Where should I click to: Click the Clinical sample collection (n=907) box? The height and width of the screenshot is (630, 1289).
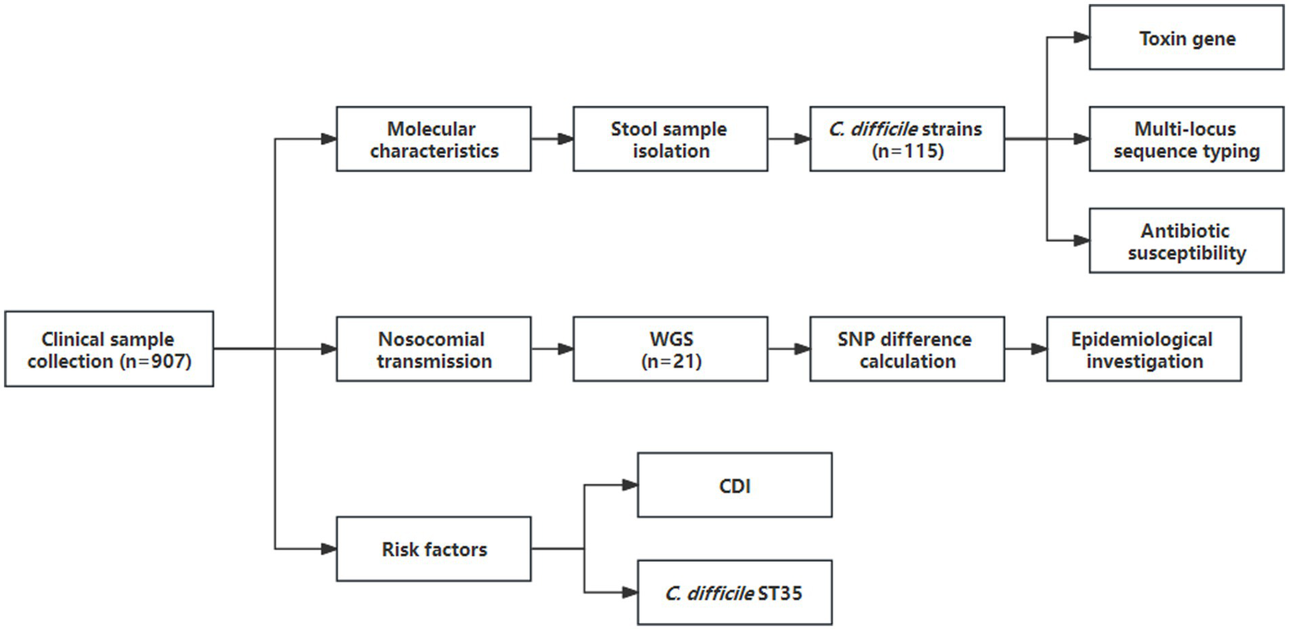tap(109, 349)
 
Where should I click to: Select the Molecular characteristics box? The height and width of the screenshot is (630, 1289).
tap(433, 139)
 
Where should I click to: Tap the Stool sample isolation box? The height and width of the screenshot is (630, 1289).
tap(669, 139)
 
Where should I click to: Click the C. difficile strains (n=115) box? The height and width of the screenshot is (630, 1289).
tap(907, 139)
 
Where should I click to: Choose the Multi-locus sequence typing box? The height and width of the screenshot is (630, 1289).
tap(1187, 139)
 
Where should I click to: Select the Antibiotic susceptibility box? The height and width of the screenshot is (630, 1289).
tap(1187, 241)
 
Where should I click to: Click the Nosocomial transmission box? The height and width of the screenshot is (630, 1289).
tap(433, 349)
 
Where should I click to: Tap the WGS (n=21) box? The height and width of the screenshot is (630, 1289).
tap(669, 349)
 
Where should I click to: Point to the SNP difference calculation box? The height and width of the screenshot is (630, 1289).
tap(907, 349)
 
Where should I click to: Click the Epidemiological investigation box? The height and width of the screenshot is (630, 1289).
tap(1144, 349)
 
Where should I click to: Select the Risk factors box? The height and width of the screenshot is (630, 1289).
tap(433, 549)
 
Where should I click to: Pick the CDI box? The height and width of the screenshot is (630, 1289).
tap(735, 485)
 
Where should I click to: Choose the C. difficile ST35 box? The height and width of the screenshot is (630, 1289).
tap(735, 592)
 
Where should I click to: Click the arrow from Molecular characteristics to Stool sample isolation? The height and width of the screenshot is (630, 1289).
tap(552, 139)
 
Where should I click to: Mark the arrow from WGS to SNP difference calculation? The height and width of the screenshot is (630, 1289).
tap(789, 349)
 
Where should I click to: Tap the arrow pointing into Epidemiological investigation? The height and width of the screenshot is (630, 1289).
tap(1026, 349)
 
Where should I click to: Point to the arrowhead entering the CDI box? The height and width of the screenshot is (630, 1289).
tap(629, 485)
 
